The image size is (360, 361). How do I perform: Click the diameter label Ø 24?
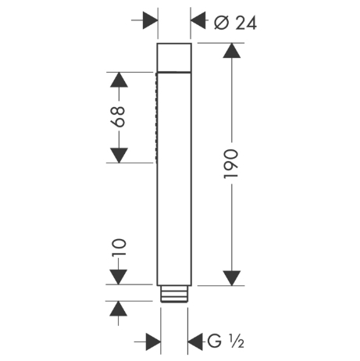235,23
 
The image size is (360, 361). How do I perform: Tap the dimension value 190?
231,164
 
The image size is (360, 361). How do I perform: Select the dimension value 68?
118,116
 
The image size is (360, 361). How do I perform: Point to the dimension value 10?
119,248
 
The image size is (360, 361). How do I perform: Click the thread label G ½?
226,341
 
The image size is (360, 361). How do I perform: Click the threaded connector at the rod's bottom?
174,295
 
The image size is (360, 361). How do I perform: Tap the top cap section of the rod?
174,57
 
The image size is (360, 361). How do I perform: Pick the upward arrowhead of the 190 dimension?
232,51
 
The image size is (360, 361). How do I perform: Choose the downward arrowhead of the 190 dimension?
232,278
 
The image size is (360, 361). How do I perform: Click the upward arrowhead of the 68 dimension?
119,80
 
